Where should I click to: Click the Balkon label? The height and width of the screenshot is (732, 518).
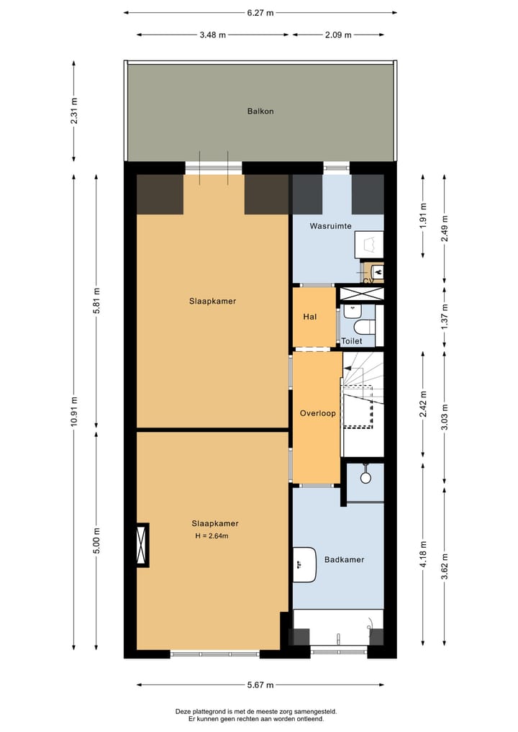point(260,112)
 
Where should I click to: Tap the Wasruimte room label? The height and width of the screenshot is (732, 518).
point(330,226)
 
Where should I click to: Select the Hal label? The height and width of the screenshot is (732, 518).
point(310,316)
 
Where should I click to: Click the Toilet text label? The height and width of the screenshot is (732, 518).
point(351,341)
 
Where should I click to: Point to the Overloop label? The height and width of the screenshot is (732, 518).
point(317,414)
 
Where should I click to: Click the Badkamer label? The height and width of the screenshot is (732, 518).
point(344,559)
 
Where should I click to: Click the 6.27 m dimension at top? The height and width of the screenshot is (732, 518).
point(260,12)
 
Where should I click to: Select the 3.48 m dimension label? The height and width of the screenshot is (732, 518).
point(212,35)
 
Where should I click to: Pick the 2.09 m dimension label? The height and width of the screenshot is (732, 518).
point(338,35)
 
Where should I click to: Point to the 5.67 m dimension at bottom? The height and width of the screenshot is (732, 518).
point(260,684)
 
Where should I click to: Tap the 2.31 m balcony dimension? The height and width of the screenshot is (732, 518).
point(74,112)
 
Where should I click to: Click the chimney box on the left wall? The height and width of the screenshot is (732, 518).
point(142,545)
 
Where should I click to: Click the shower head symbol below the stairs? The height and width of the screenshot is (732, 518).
point(365,476)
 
